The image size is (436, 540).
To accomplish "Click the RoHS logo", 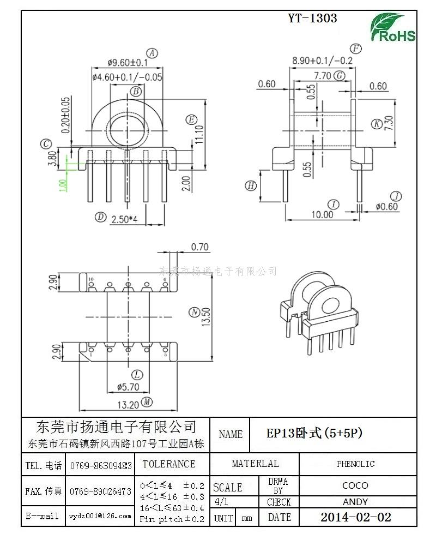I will point(392,27).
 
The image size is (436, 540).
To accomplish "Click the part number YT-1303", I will point(312,18).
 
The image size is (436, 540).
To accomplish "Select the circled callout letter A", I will point(153,53).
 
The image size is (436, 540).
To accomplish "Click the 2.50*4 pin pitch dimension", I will point(124,219).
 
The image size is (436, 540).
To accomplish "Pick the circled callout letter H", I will point(250,185).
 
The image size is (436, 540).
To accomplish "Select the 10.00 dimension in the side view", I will point(322,214).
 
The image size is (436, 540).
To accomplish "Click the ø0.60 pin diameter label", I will point(387,207).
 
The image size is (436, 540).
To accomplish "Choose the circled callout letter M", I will point(146,403).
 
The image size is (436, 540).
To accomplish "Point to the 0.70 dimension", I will point(199,247).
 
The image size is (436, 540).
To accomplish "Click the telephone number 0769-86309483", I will point(101,465).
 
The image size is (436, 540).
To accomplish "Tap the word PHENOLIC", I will point(355,464).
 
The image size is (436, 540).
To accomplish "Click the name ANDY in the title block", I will point(355,502).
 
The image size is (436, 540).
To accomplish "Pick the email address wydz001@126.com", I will point(100,516).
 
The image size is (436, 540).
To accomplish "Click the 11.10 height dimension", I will point(199,134).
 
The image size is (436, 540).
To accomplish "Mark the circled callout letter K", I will point(376,124).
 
